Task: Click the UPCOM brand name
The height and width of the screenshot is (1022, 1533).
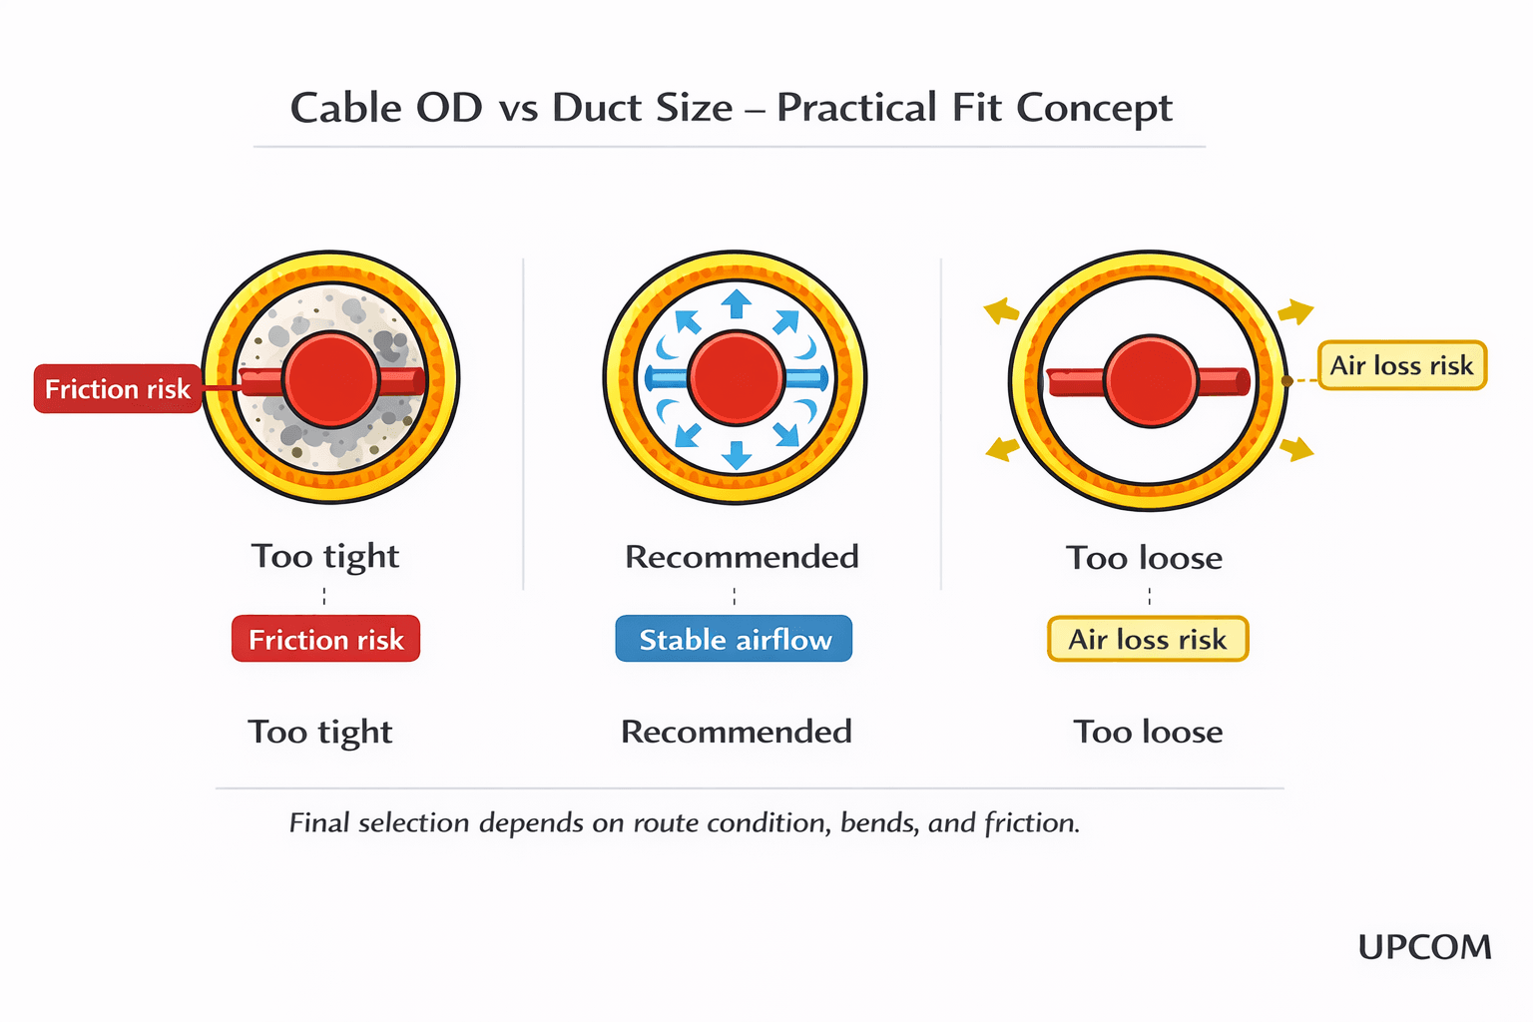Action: click(1424, 946)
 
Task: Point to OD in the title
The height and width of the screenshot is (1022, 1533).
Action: click(449, 108)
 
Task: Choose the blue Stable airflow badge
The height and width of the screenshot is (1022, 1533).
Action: click(734, 639)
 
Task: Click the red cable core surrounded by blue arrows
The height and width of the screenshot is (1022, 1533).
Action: click(736, 378)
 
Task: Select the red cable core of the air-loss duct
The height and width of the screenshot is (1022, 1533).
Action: click(1150, 381)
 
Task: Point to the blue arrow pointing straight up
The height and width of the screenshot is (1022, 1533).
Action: click(737, 303)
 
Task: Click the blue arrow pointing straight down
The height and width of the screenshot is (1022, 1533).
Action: click(737, 454)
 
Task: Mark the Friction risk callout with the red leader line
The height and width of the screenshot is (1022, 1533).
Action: click(117, 389)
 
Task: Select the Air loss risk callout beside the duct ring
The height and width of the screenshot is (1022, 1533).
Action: click(1401, 365)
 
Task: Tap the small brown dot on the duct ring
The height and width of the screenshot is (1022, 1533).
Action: click(1286, 381)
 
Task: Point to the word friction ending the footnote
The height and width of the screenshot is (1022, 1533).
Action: click(1031, 823)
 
